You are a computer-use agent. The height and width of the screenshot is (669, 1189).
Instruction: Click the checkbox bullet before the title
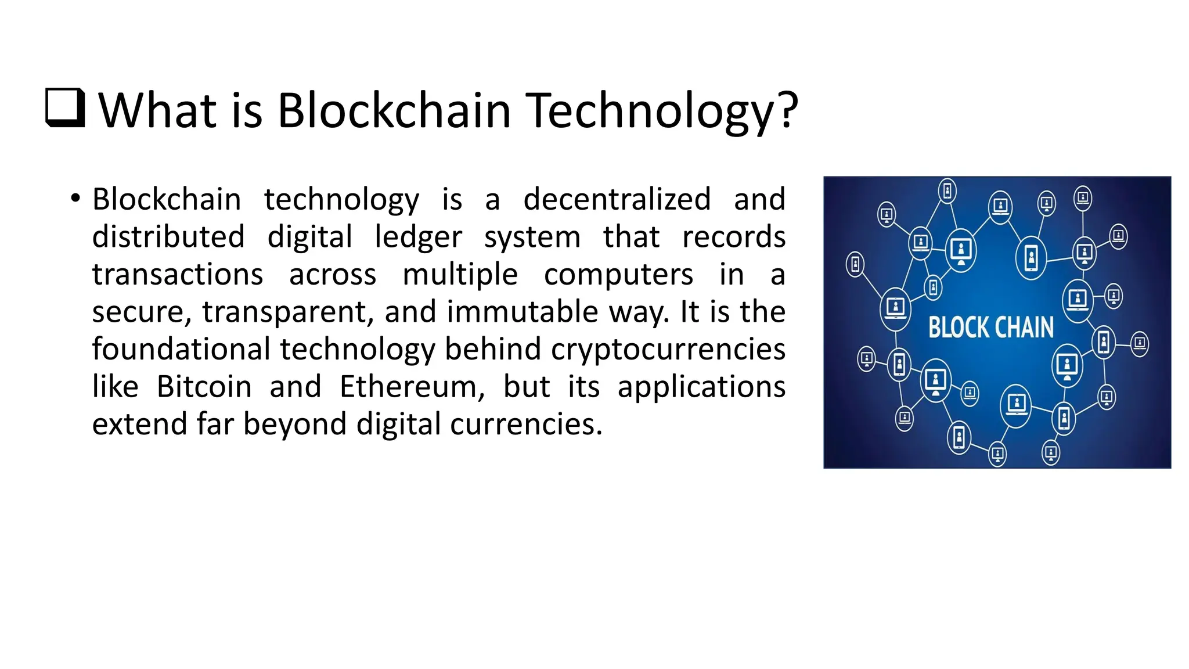(65, 108)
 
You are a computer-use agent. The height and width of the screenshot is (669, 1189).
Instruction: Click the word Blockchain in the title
(394, 110)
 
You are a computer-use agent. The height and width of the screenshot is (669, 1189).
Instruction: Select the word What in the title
(150, 110)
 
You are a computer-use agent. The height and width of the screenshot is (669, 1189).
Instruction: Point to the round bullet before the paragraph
(75, 199)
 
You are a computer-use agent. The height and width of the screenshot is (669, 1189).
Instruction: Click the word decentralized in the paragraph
(617, 199)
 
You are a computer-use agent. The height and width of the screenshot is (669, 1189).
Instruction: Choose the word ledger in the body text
(418, 237)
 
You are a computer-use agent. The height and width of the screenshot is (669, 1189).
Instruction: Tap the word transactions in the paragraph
(178, 274)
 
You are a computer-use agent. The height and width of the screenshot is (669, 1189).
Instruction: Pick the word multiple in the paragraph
(460, 274)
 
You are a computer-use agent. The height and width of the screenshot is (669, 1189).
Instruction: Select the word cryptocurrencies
(668, 349)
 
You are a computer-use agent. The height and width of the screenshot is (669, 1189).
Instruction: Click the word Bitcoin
(204, 387)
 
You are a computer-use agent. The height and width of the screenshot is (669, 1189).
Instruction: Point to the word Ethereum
(412, 387)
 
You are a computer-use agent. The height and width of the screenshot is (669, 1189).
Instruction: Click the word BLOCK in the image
(957, 328)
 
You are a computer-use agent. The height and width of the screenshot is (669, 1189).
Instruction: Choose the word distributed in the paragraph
(168, 237)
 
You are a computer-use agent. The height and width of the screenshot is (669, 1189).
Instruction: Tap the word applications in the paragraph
(701, 387)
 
